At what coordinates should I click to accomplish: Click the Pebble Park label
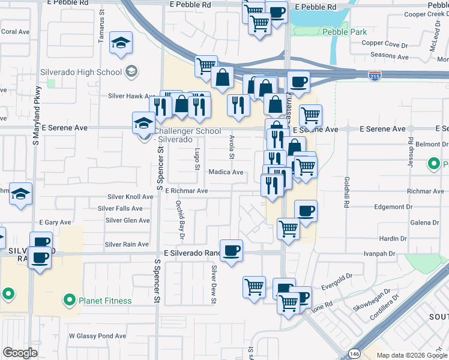(343, 32)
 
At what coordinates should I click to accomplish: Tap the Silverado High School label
(81, 72)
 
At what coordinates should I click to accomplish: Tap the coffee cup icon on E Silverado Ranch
(231, 250)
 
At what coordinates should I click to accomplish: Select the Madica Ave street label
(226, 172)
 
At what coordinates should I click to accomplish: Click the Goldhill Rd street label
(347, 192)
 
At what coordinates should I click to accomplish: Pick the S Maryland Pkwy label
(37, 115)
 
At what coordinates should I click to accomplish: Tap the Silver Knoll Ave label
(130, 197)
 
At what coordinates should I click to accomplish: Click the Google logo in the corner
(20, 353)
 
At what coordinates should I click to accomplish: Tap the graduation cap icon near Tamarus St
(121, 43)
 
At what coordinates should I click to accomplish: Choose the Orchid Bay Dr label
(179, 217)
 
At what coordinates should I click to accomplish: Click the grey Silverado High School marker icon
(131, 72)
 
